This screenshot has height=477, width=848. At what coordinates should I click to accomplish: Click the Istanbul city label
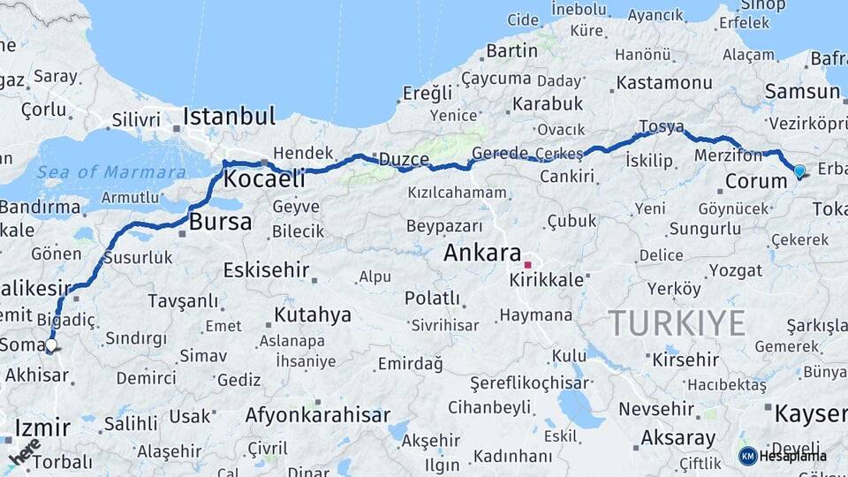coord(230,117)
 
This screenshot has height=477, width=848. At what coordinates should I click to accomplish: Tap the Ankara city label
coord(482,253)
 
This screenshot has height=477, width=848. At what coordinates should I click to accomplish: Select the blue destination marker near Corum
coord(799,171)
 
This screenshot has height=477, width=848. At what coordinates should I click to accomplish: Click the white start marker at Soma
coord(50,346)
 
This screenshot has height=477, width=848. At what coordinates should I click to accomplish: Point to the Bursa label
coord(220,222)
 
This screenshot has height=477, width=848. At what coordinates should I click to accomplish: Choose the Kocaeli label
coord(264,179)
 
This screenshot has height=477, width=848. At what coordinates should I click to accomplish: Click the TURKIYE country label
coord(676,323)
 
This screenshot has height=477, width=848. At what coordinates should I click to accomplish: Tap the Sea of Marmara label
coord(111,172)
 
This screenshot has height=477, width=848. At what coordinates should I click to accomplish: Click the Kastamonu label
coord(664,83)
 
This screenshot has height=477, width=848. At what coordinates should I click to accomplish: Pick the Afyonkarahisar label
coord(317,414)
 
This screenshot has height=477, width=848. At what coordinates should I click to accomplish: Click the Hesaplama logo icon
coord(747,456)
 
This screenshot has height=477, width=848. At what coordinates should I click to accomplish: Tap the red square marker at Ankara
coord(527,264)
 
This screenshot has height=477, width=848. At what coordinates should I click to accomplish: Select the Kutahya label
coord(312,314)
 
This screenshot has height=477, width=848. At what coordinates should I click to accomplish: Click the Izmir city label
coord(42,428)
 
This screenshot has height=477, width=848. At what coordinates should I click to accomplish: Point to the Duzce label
coord(404,160)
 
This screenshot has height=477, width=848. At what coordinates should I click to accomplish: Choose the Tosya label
coord(661,127)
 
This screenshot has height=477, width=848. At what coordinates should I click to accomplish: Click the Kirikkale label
coord(547,279)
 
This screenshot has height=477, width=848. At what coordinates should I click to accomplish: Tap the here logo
coord(25,453)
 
